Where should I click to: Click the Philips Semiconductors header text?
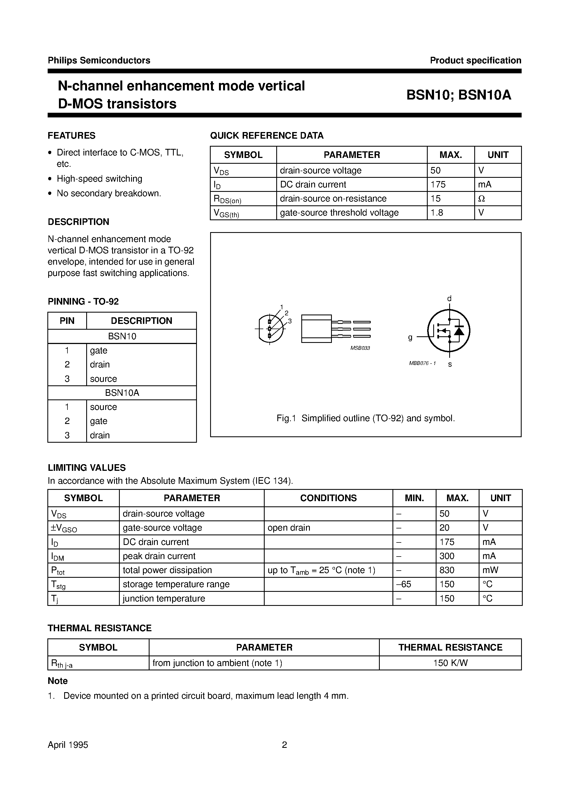tap(99, 60)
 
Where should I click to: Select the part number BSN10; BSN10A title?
tap(459, 95)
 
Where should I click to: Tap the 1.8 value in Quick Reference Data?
tap(437, 213)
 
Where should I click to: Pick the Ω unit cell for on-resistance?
tap(482, 199)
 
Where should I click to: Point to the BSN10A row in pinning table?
tap(122, 393)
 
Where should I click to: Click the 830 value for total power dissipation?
tap(447, 570)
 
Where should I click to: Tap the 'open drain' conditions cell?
tap(289, 528)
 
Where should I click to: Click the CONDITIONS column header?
tap(328, 498)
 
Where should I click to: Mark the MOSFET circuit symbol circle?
tap(449, 331)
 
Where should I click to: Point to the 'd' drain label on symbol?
tap(449, 298)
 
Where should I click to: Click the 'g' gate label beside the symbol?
tap(410, 337)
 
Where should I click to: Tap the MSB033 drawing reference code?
tap(360, 348)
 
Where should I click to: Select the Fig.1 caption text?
tap(365, 418)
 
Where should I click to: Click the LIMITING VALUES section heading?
tap(87, 468)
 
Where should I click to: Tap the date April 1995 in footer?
tap(68, 745)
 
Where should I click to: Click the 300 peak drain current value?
tap(447, 556)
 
